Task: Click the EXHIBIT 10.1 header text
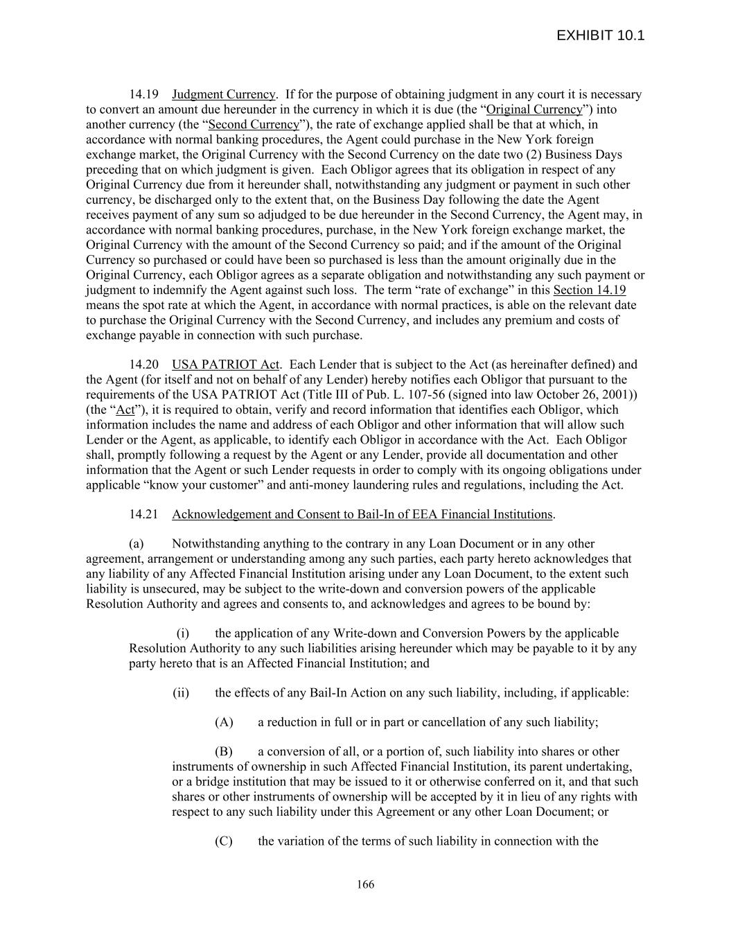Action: tap(600, 35)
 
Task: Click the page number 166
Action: tap(365, 884)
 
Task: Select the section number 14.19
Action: tap(143, 94)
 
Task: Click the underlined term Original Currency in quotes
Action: tap(534, 110)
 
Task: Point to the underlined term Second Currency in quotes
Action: tap(254, 125)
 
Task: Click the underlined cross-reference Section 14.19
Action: tap(589, 290)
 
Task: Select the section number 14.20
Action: tap(143, 365)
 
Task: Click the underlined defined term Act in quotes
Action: tap(125, 410)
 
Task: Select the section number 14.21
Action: tap(143, 514)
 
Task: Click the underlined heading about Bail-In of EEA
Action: tap(362, 514)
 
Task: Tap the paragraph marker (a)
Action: tap(136, 544)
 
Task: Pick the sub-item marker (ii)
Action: tap(181, 692)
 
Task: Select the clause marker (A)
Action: tap(224, 722)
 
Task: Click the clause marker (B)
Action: tap(224, 752)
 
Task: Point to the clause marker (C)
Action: tap(224, 841)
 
